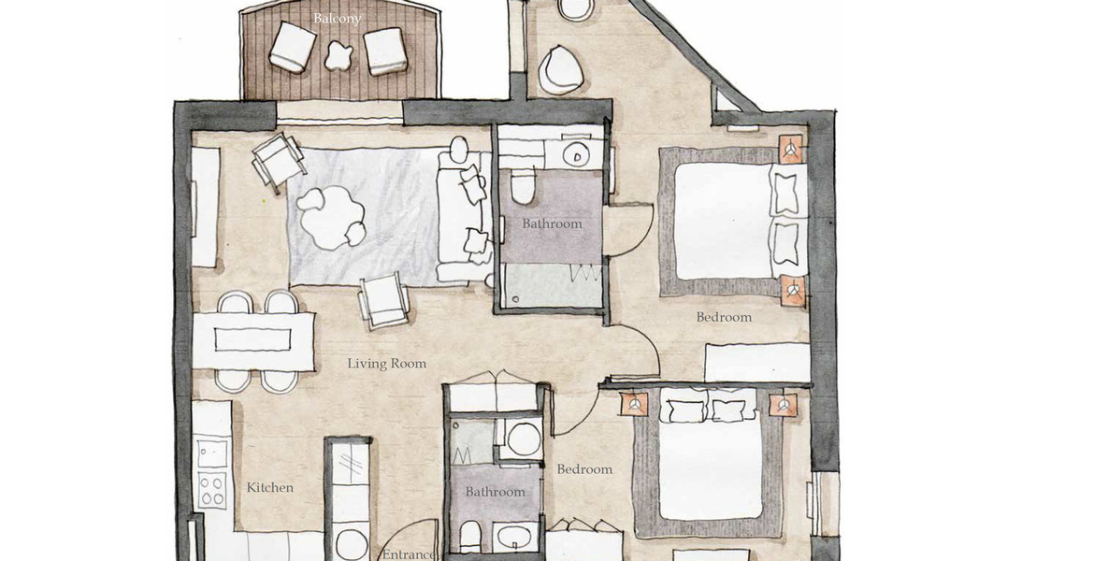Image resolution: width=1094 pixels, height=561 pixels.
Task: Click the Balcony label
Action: pyautogui.click(x=337, y=19)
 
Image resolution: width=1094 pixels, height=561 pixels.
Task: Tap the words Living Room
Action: pyautogui.click(x=386, y=364)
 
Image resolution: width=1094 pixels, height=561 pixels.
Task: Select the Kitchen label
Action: pyautogui.click(x=270, y=488)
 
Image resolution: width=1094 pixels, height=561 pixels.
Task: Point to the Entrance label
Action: pyautogui.click(x=409, y=554)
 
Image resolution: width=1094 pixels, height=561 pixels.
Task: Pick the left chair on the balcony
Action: pyautogui.click(x=293, y=47)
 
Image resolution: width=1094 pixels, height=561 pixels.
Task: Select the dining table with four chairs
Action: pyautogui.click(x=253, y=340)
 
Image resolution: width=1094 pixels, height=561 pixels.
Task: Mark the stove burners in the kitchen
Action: pyautogui.click(x=211, y=469)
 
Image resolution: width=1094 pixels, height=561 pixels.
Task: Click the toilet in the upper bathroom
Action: pyautogui.click(x=523, y=185)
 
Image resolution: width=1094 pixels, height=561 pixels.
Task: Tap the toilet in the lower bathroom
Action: pyautogui.click(x=469, y=537)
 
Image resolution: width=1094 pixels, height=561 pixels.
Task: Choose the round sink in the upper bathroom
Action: pyautogui.click(x=577, y=156)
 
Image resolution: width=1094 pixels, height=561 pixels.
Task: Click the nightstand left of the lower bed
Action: pyautogui.click(x=634, y=404)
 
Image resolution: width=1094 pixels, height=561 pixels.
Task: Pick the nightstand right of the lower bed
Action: pyautogui.click(x=784, y=404)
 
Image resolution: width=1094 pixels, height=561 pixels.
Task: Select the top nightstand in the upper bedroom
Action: pyautogui.click(x=790, y=149)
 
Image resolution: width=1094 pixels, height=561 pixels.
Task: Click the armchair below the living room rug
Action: pyautogui.click(x=383, y=300)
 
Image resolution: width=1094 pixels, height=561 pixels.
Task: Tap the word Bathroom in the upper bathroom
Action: pyautogui.click(x=552, y=224)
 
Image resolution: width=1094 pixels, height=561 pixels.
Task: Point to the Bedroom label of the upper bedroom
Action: pyautogui.click(x=724, y=318)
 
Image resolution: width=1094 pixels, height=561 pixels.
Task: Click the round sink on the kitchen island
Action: pyautogui.click(x=351, y=543)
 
